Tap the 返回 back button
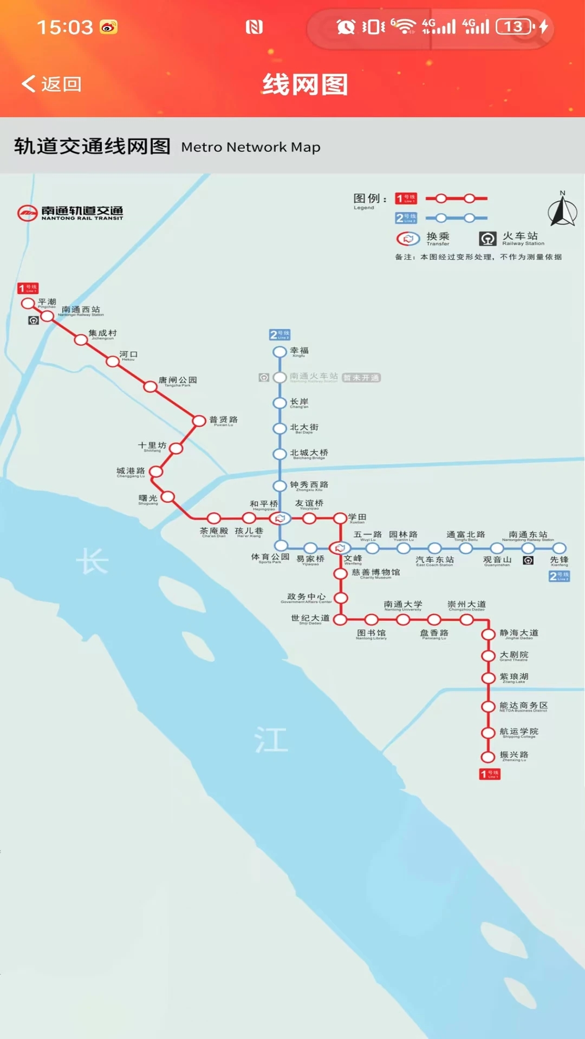51,84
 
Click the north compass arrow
562,211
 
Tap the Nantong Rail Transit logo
70,213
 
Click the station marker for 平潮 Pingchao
28,303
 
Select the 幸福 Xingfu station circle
279,352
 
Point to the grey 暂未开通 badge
361,378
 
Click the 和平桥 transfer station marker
279,518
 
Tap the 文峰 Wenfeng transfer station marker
340,548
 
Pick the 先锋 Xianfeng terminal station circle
560,548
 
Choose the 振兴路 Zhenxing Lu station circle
488,757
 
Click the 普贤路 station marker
199,420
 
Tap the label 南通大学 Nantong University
403,605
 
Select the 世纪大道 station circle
340,620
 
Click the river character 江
271,739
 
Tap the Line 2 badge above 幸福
280,334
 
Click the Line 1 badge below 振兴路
490,774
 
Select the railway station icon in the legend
487,239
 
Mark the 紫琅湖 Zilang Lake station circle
488,678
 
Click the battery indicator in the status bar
515,27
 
